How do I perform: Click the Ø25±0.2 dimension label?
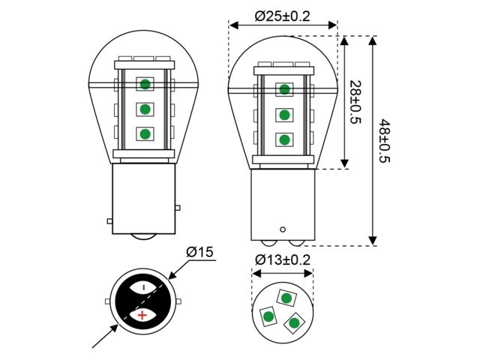pos(283,16)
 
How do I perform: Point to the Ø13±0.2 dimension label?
pos(283,259)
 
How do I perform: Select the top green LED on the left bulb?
pos(145,84)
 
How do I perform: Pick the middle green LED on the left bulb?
pos(145,109)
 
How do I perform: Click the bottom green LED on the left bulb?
pos(145,134)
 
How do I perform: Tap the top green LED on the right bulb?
pos(285,90)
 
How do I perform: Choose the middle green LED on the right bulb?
pos(285,115)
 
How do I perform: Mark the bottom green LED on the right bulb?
pos(285,139)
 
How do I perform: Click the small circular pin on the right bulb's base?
pos(283,229)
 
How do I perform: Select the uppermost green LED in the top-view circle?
pos(286,298)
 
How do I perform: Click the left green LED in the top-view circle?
pos(268,317)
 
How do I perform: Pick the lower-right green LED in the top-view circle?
pos(295,322)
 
